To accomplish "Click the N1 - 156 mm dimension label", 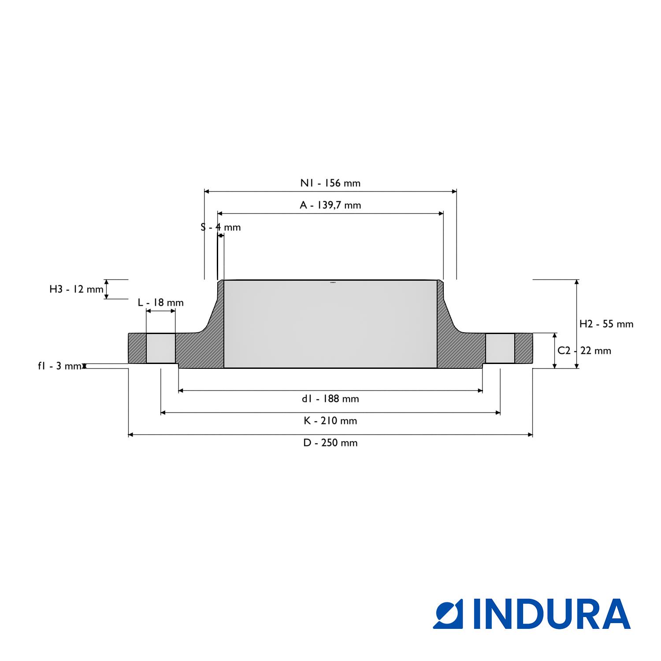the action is coord(330,183).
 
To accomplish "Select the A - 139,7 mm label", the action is coord(330,205).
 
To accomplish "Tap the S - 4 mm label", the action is coord(221,227).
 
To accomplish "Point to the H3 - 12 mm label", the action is coord(76,290).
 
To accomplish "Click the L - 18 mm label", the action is coord(160,303).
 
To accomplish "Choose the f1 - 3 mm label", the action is coord(59,366).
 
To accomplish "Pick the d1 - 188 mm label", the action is coord(330,399).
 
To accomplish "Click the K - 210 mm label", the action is coord(330,421).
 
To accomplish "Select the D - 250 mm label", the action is coord(330,443).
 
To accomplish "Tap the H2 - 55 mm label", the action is coord(606,324).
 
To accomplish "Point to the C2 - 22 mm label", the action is coord(584,351).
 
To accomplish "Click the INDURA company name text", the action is coord(552,614).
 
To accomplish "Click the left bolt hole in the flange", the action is coord(161,348).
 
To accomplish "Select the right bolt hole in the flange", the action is coord(500,348).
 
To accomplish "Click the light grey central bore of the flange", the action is coord(330,324).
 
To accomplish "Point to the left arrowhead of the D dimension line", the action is coord(130,435).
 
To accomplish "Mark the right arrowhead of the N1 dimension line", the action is coord(454,191).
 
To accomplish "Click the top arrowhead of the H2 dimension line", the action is coord(576,282).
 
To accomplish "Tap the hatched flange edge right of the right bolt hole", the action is coord(524,348).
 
